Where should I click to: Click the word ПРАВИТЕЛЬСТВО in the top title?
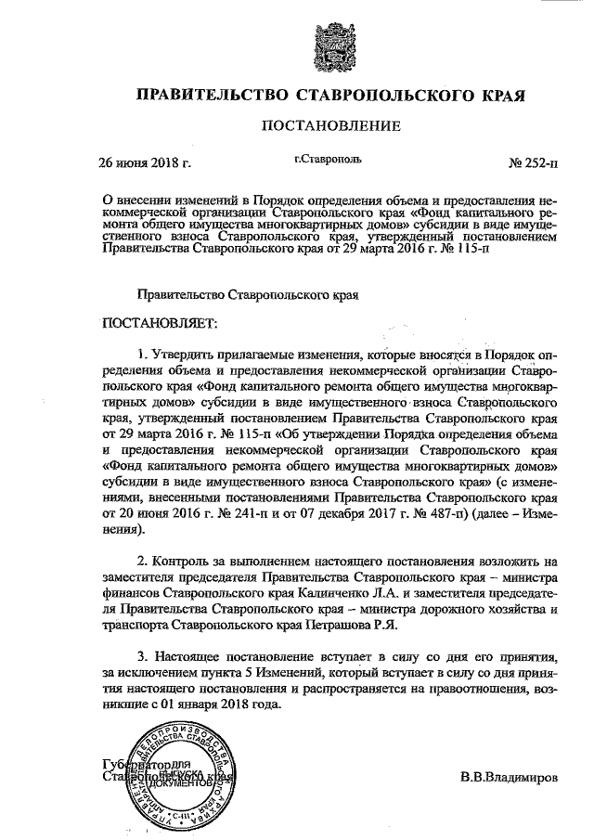[210, 96]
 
